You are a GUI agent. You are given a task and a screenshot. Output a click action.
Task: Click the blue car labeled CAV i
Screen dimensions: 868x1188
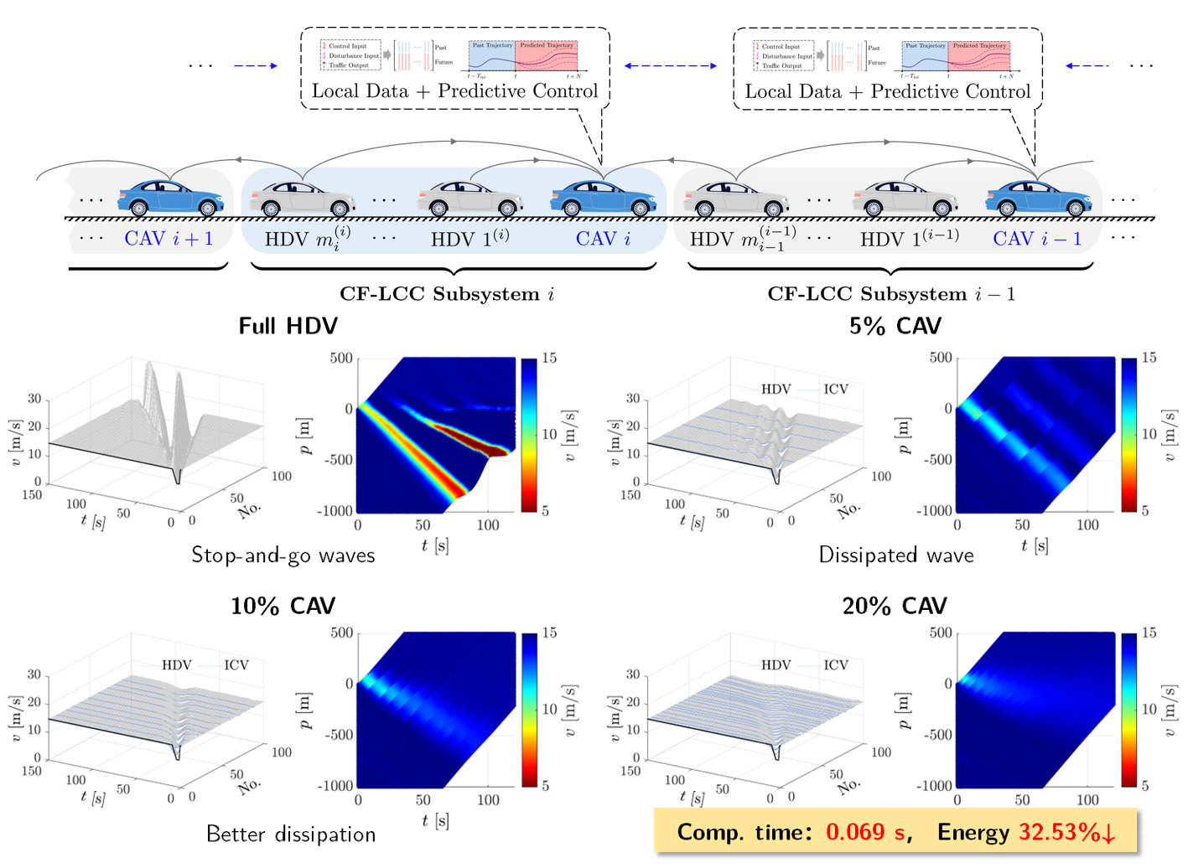[604, 198]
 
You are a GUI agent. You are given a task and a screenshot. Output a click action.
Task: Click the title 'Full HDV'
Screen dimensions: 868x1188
[288, 326]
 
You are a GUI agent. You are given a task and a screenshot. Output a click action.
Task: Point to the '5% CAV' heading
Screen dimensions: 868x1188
[895, 326]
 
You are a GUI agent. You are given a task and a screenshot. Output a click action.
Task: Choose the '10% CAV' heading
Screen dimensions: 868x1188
[283, 606]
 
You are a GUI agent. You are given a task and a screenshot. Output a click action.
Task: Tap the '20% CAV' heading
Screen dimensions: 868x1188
[895, 606]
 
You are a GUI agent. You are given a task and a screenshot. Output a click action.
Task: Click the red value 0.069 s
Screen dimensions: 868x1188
[866, 832]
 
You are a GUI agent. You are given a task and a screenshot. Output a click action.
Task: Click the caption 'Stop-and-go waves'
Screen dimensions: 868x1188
[283, 555]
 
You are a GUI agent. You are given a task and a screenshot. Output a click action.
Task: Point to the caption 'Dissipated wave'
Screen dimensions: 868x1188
[896, 555]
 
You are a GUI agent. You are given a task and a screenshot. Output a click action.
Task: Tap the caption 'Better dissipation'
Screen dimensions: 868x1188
[291, 834]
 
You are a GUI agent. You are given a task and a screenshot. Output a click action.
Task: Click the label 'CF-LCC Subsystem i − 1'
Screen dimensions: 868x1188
[890, 294]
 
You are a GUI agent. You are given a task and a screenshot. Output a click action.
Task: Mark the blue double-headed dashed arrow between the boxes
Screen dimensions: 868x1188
[671, 65]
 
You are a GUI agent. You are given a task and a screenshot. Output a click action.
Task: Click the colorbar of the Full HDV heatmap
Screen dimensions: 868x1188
[529, 434]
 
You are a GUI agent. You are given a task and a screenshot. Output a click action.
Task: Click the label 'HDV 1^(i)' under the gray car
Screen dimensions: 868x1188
[469, 239]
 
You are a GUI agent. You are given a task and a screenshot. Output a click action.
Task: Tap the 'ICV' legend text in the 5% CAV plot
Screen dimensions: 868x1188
[835, 389]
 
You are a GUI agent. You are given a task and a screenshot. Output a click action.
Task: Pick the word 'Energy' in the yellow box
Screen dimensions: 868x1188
[973, 832]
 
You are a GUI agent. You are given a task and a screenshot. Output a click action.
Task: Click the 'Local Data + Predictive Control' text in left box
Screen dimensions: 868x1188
[454, 90]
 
